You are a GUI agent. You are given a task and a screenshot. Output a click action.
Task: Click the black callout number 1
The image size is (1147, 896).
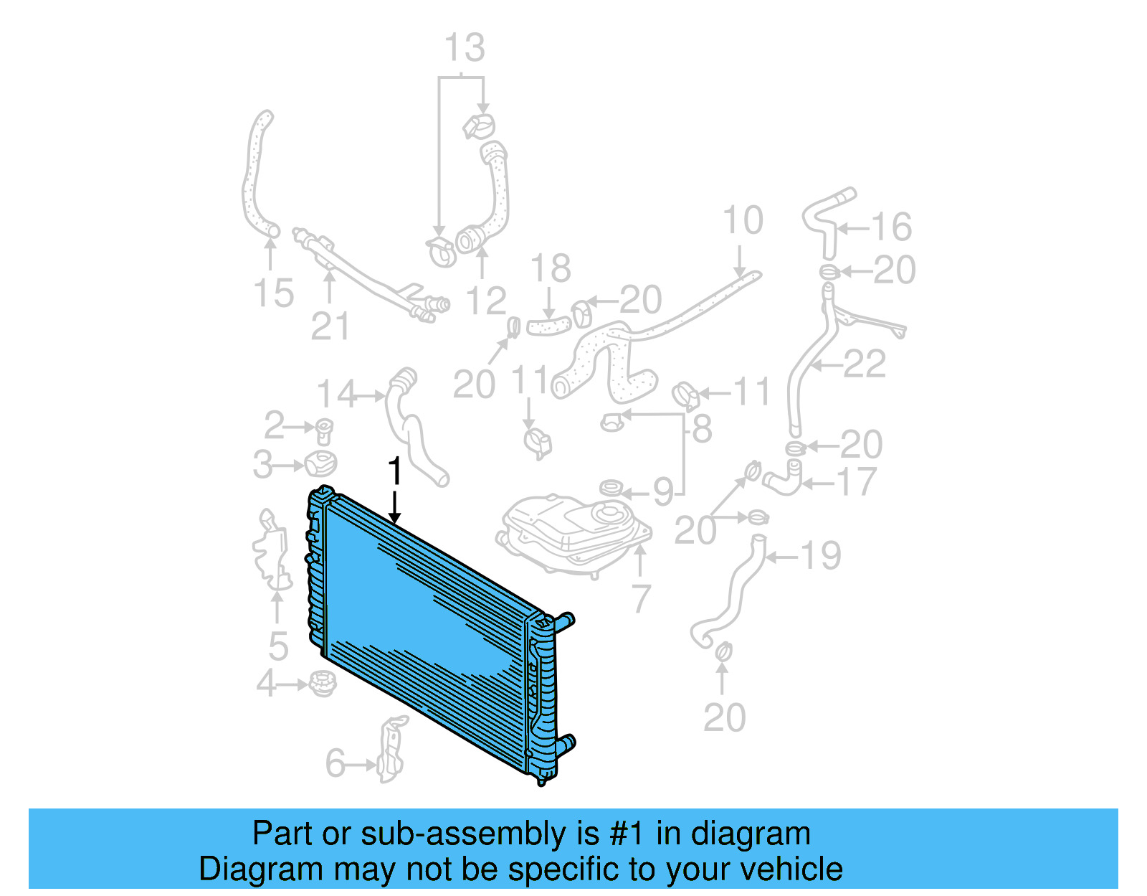[394, 472]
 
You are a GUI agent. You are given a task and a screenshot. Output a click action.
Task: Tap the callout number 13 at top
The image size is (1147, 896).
[465, 49]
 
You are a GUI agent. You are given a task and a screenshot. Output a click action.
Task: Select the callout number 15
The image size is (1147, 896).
[274, 293]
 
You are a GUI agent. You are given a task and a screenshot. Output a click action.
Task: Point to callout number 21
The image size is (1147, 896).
[330, 326]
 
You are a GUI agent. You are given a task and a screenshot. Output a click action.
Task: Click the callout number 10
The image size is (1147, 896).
[743, 220]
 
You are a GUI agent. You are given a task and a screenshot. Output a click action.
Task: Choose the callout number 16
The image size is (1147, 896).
[891, 227]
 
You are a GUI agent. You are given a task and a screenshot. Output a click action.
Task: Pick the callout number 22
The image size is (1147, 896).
[865, 364]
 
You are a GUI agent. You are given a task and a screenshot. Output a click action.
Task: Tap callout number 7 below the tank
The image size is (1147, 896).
[641, 598]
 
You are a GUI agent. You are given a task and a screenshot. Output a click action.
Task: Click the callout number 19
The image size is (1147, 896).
[821, 556]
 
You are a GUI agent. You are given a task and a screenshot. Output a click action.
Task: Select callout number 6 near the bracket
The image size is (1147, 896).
[335, 763]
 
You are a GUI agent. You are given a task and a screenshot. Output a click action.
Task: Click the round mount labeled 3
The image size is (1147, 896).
[320, 464]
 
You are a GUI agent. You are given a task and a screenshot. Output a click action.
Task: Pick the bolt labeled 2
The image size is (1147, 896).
[325, 430]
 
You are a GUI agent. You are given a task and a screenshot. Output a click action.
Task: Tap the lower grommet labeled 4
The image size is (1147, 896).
[323, 682]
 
